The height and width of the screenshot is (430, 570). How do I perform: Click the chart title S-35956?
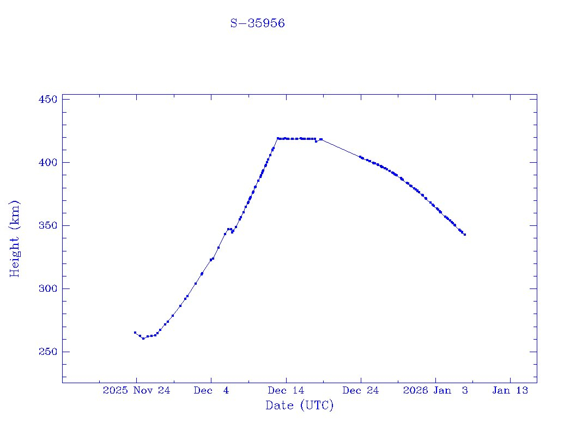258,24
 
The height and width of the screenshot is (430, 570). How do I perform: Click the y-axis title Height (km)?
15,238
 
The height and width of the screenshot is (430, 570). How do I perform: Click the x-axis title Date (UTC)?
299,406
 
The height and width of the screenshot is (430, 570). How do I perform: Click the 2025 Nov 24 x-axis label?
136,390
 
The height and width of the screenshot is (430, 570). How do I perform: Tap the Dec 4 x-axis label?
211,390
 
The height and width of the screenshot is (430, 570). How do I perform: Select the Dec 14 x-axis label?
286,390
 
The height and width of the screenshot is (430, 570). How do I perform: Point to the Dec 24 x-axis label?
361,390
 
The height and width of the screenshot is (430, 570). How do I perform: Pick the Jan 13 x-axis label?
510,390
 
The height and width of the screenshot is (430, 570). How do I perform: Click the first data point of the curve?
135,333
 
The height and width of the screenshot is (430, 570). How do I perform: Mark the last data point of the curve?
465,235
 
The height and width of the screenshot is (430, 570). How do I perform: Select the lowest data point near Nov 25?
143,339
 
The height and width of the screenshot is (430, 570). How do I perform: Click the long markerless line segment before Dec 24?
341,148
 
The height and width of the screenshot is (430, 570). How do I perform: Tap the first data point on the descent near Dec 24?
360,157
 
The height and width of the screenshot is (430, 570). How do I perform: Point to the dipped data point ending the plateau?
316,142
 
